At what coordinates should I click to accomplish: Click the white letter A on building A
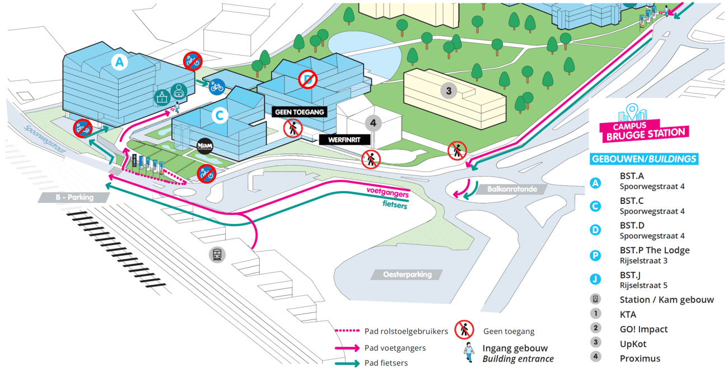point(118,62)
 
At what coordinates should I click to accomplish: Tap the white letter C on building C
point(220,115)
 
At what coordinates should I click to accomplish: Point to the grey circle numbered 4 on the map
point(373,122)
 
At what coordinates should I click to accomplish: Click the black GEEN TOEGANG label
point(299,112)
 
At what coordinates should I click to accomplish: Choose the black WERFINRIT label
point(344,140)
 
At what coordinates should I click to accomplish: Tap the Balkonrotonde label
point(512,189)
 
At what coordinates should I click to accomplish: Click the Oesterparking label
point(407,275)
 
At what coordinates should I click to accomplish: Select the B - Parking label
point(74,197)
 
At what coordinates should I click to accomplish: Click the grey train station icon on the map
point(217,255)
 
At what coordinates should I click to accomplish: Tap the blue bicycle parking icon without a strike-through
point(217,87)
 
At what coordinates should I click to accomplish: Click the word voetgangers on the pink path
point(387,192)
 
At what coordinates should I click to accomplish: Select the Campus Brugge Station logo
point(643,124)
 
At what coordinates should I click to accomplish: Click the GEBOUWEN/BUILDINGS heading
point(644,159)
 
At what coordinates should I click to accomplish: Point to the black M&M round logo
point(205,147)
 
